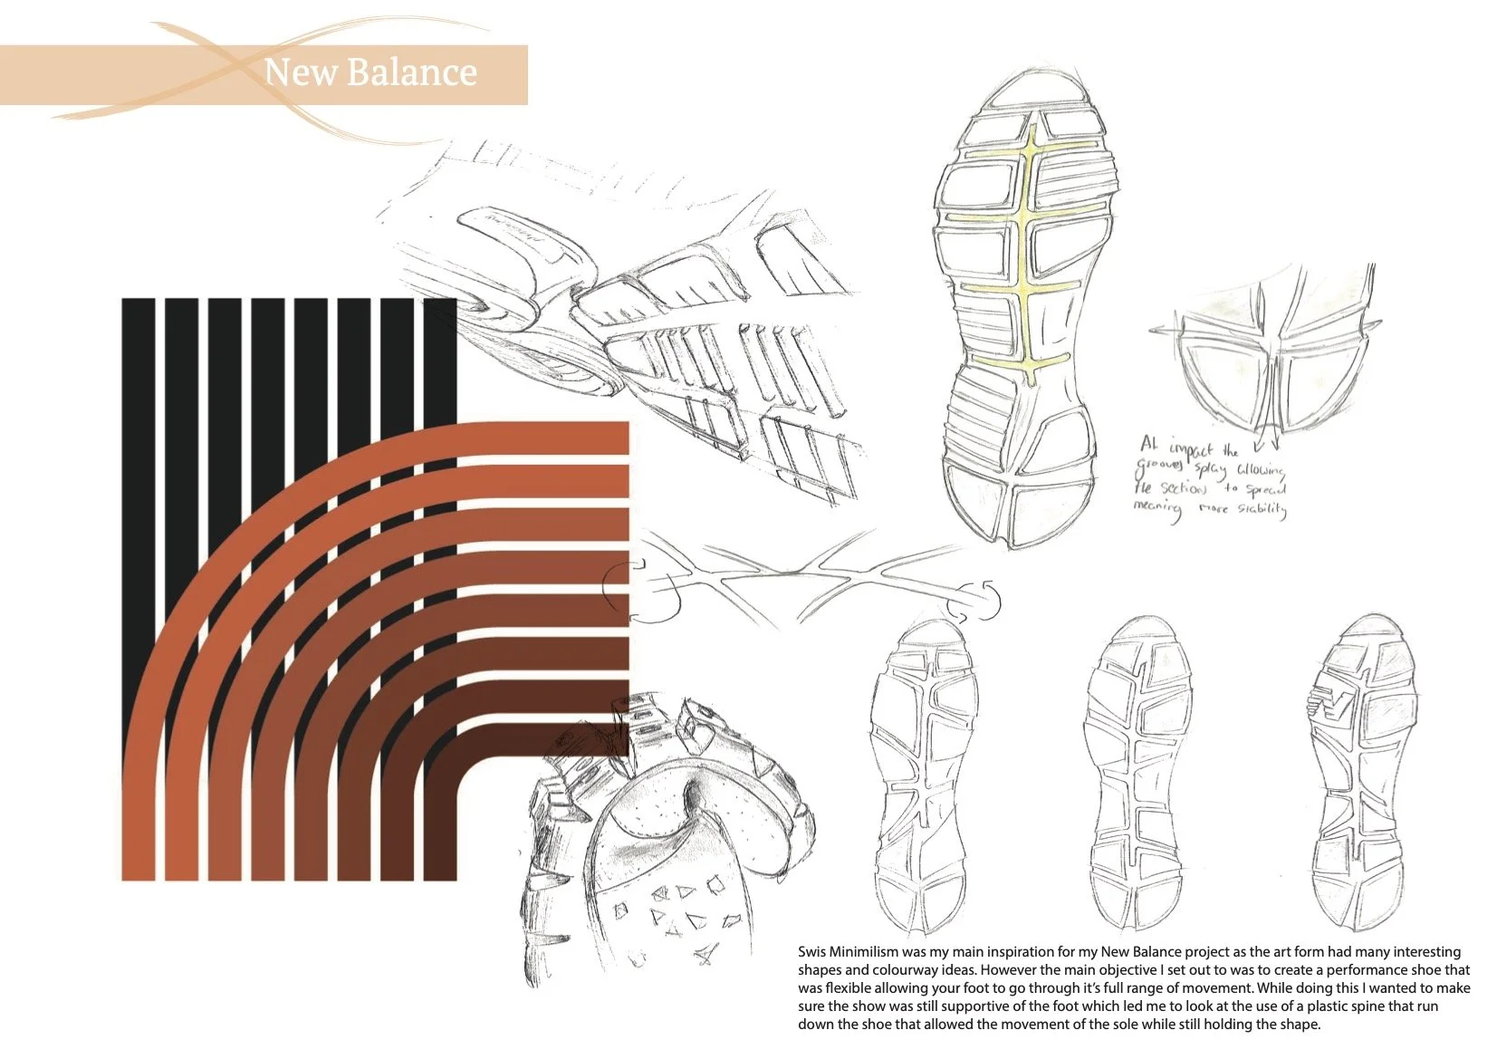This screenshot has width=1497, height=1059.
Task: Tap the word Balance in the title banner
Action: pos(411,72)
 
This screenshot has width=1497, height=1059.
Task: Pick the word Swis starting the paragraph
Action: pos(812,952)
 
